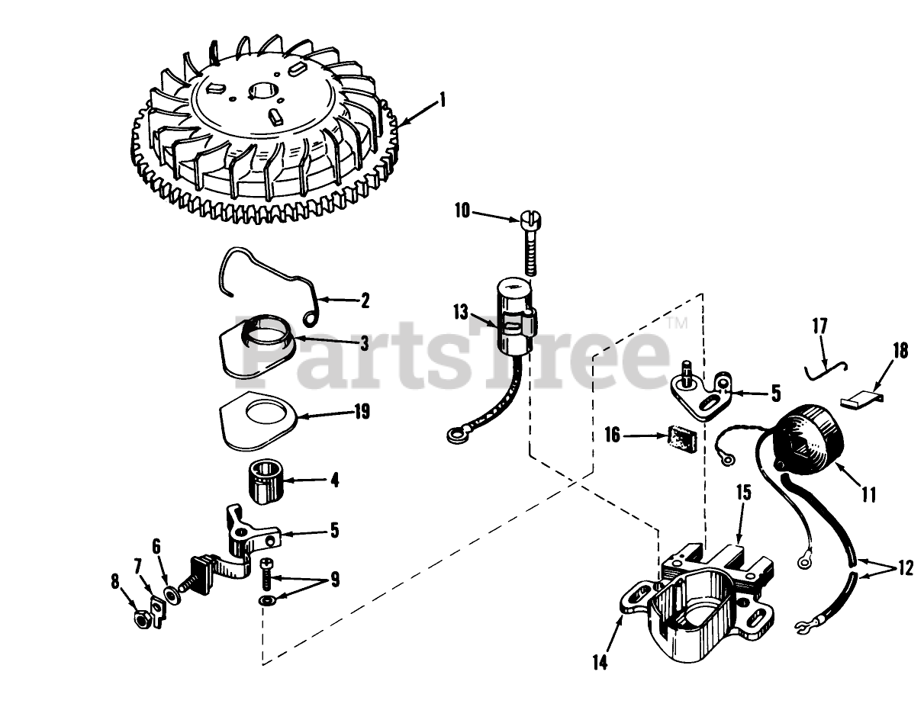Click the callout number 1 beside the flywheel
tap(443, 101)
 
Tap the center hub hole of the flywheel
tap(263, 92)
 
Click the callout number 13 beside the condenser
tap(461, 312)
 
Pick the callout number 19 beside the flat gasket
tap(362, 411)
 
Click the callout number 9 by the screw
tap(335, 580)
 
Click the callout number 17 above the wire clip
tap(819, 326)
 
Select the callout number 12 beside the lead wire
tap(904, 568)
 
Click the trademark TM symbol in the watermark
tap(678, 324)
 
